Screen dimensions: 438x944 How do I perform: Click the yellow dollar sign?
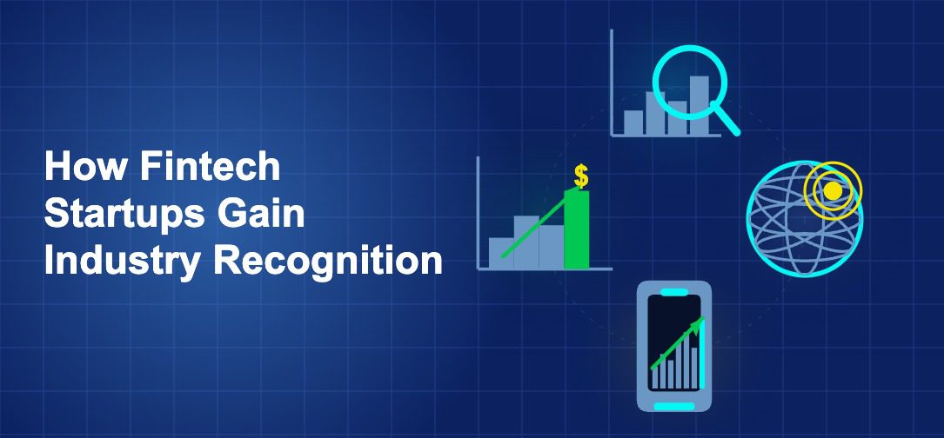coord(580,176)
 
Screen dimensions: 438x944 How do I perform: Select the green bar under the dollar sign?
coord(576,230)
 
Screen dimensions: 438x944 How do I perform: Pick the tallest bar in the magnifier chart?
coord(700,105)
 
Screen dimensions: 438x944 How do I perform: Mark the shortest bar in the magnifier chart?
coord(633,123)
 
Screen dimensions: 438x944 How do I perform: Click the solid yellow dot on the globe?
coord(833,190)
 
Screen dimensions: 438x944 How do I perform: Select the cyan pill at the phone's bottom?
coord(674,406)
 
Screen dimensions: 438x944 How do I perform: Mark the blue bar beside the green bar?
coord(551,246)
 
